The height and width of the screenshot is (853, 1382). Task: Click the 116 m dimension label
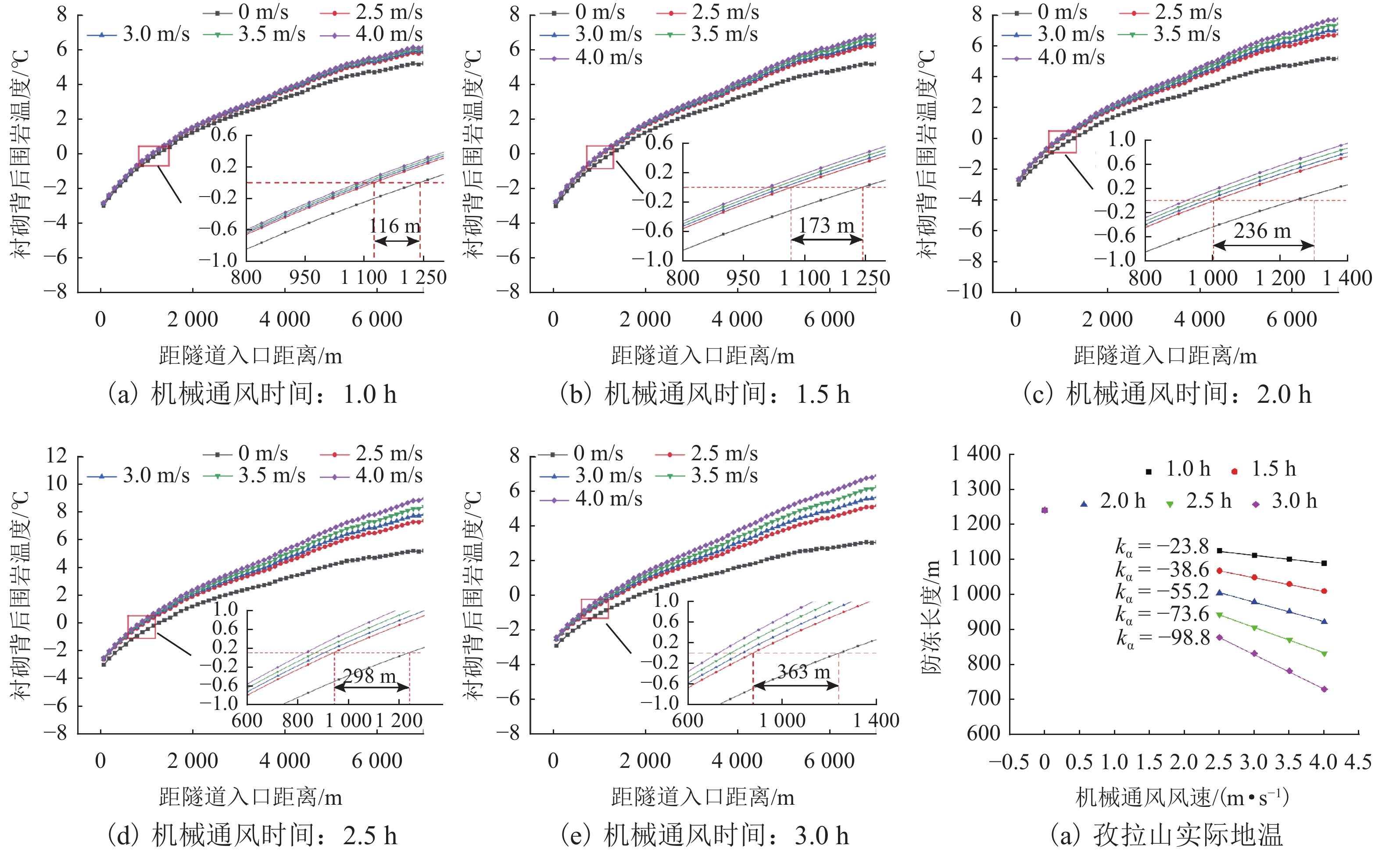pos(395,226)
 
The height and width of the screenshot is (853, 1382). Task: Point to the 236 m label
pos(1262,231)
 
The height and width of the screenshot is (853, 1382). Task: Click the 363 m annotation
pos(804,671)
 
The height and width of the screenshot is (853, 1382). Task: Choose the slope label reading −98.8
pos(1163,638)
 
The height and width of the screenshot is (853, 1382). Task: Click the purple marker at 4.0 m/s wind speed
pos(1325,689)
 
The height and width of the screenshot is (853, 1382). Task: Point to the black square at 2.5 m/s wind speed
pos(1220,551)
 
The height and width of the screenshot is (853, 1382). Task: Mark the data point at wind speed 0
pos(1045,510)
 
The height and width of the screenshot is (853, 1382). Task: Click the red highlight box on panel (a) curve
pos(154,156)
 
